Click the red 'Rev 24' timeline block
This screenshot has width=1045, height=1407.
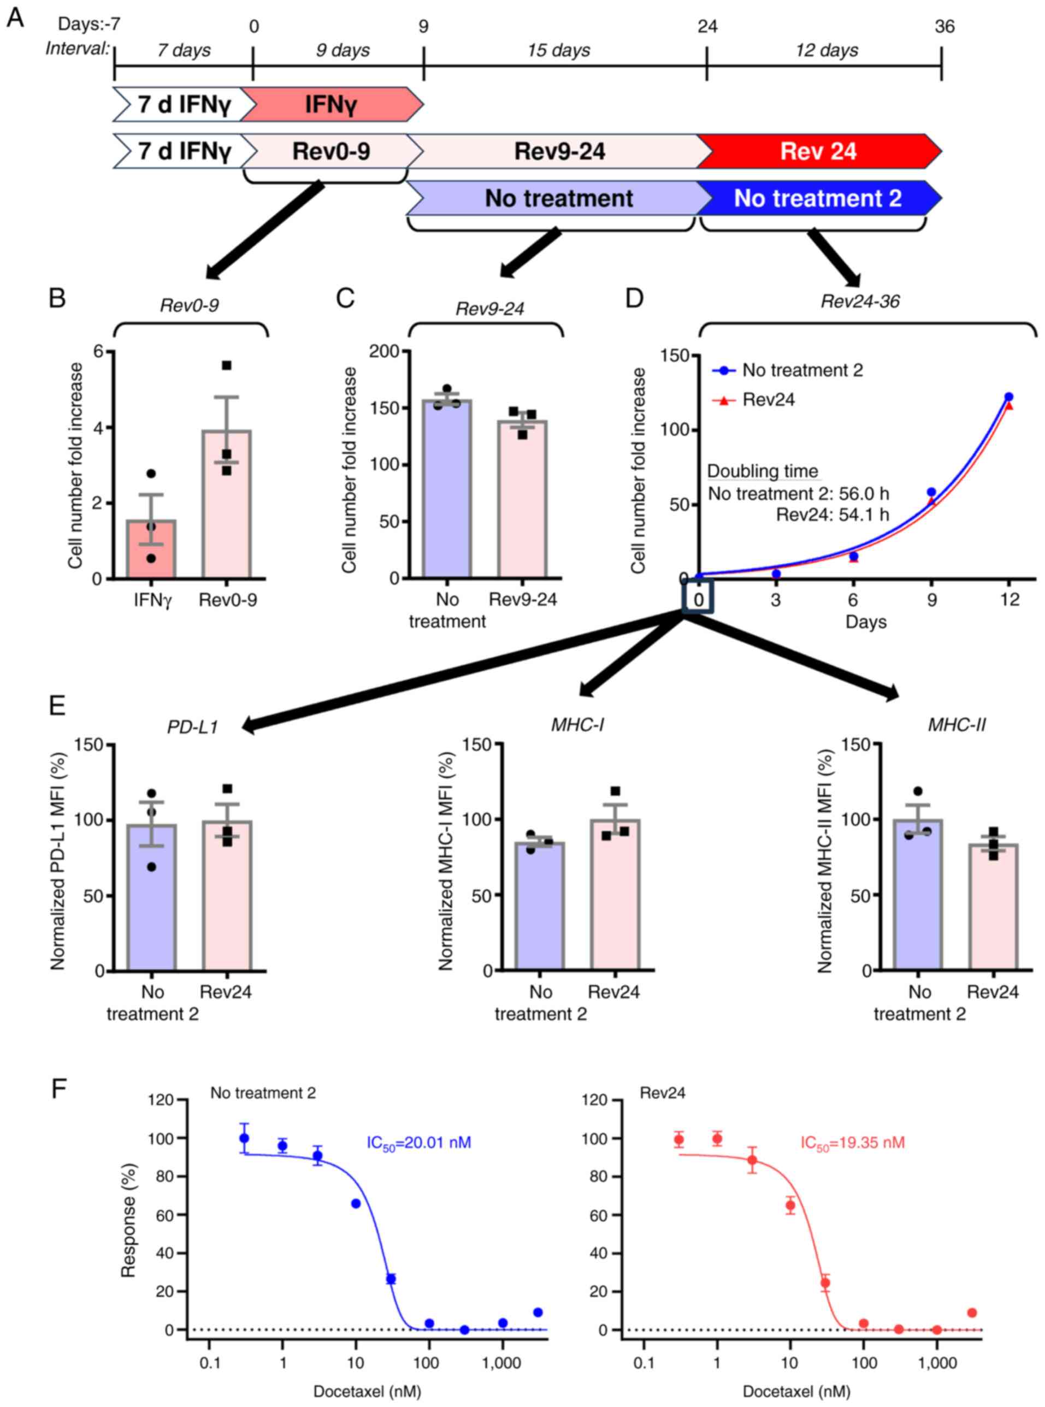[x=818, y=151]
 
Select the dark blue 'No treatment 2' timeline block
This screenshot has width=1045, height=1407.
[x=818, y=199]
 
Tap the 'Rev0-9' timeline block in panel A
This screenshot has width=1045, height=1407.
[x=331, y=151]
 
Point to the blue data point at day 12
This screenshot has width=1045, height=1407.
[x=1008, y=397]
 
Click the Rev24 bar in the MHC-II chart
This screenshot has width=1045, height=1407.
[x=993, y=907]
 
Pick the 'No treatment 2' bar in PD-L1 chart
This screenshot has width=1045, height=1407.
[x=151, y=898]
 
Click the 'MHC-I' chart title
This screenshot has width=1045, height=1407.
[x=577, y=725]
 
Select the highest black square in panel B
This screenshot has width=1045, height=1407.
[x=227, y=365]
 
